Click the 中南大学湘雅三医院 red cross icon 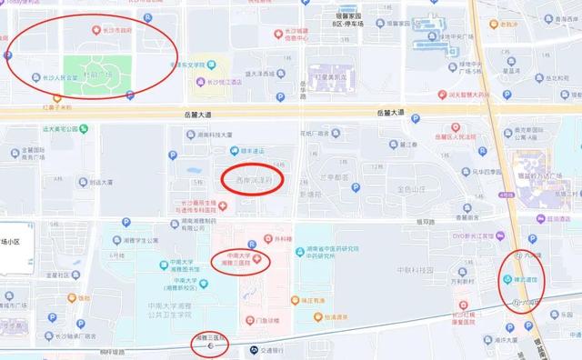pyautogui.click(x=259, y=261)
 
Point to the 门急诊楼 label pyautogui.click(x=269, y=320)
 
